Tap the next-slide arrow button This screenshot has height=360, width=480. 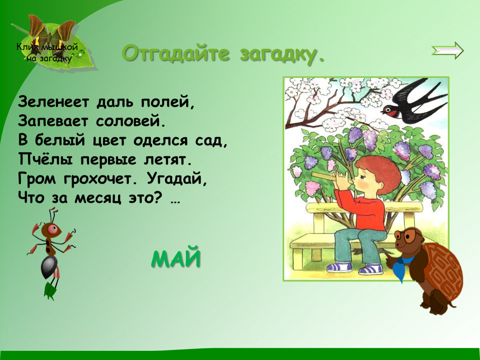[447, 50]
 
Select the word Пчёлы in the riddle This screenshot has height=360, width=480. [45, 159]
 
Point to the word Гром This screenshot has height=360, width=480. [37, 179]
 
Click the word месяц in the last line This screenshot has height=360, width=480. [98, 198]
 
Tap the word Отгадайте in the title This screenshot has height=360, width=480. [176, 53]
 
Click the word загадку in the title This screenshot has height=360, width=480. [281, 55]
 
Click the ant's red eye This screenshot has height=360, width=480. [55, 228]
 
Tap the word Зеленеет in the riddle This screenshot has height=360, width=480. [53, 102]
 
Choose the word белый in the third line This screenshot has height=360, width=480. [60, 140]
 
